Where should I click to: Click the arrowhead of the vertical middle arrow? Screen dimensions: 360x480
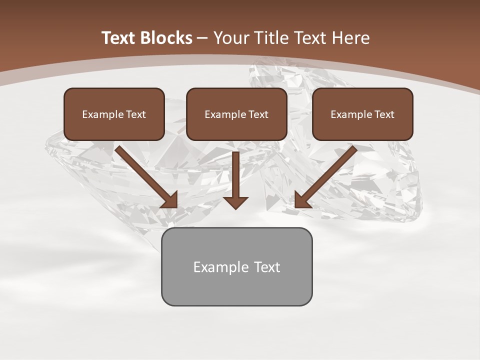pyautogui.click(x=235, y=202)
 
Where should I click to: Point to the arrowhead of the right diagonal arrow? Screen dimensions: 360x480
pyautogui.click(x=302, y=200)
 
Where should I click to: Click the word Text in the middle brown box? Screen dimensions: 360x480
pyautogui.click(x=258, y=114)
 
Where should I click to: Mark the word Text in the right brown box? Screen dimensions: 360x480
pyautogui.click(x=384, y=114)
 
